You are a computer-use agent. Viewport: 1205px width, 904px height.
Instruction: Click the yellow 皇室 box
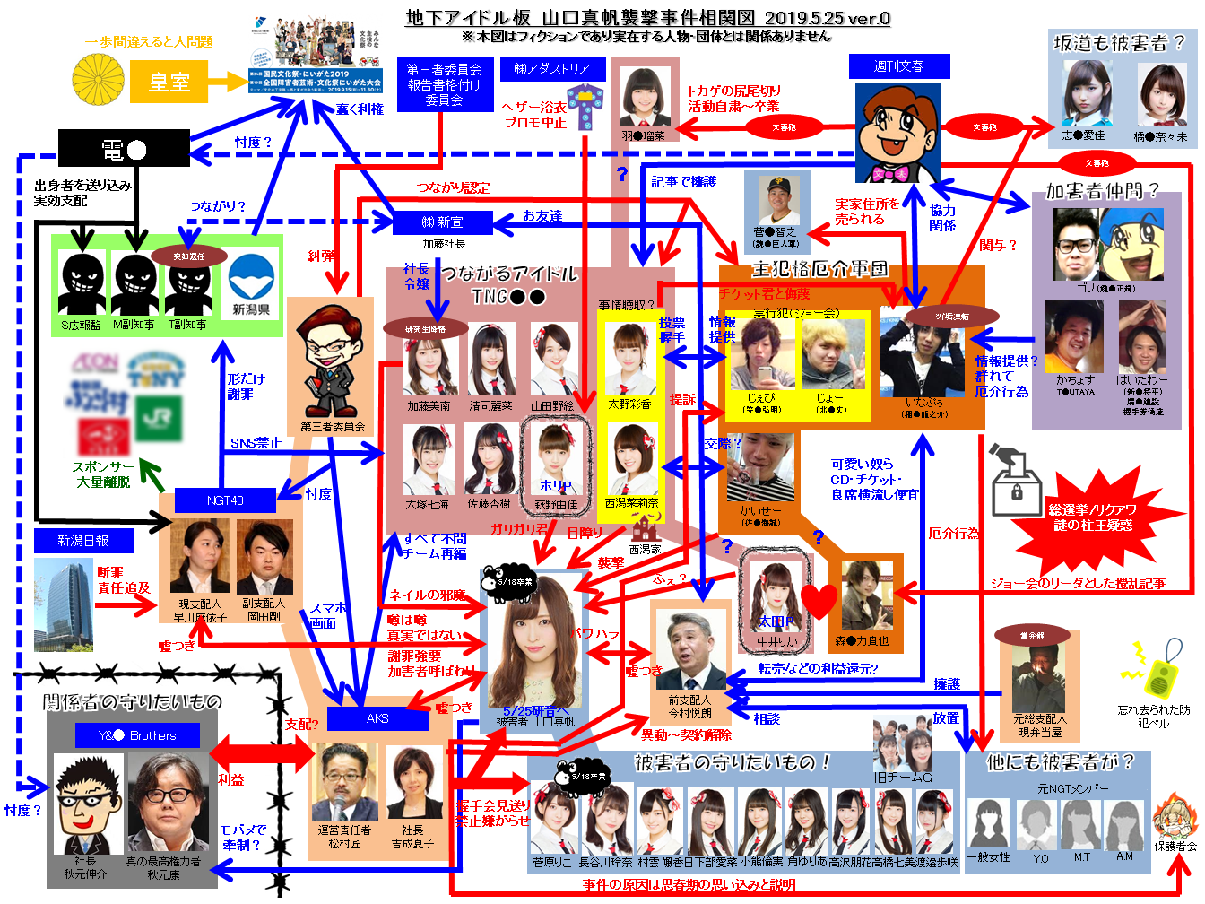[x=169, y=83]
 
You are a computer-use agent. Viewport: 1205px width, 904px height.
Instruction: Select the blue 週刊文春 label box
[x=898, y=66]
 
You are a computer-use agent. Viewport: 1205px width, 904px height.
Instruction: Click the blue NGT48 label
[x=224, y=500]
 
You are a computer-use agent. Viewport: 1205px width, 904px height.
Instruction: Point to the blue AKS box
[x=377, y=718]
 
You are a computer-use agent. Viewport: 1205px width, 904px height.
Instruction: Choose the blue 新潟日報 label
[x=83, y=541]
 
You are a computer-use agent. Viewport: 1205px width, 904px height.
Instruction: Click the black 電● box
[x=124, y=149]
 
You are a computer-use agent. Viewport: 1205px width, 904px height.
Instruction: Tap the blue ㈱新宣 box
[x=443, y=222]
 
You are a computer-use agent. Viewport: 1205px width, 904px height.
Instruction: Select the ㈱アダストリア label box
[x=552, y=69]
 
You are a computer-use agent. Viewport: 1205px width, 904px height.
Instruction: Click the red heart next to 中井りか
[x=819, y=601]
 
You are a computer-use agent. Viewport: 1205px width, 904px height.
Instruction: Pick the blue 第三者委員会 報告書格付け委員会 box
[x=444, y=84]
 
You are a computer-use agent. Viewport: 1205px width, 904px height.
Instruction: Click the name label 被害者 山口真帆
[x=535, y=721]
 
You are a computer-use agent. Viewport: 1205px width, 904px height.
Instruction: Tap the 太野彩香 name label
[x=629, y=404]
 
